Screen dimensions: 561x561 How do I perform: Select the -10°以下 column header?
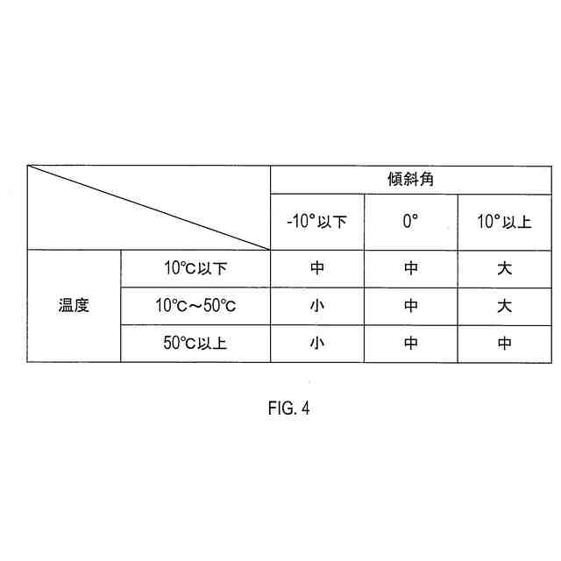click(x=317, y=222)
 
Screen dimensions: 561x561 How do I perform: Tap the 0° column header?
click(x=411, y=222)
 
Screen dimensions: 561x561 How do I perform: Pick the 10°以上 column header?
click(x=504, y=222)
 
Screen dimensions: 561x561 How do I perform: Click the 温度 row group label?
click(x=74, y=306)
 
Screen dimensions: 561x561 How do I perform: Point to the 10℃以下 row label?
click(x=195, y=268)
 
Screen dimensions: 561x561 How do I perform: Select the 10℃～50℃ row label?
click(x=195, y=306)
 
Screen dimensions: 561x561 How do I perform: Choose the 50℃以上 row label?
click(x=195, y=344)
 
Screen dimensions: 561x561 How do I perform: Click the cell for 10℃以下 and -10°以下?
click(x=317, y=268)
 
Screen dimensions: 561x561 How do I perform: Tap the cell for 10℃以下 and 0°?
click(x=411, y=268)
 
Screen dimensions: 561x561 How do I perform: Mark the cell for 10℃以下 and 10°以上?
click(x=504, y=268)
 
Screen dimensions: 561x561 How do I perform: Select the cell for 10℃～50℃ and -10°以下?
click(x=317, y=306)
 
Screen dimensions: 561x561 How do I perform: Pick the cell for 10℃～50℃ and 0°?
click(x=411, y=306)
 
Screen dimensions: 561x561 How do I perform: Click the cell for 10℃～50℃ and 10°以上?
click(x=504, y=306)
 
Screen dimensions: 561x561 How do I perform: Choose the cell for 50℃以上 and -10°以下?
click(x=317, y=344)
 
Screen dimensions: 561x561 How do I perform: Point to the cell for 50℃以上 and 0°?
click(x=411, y=344)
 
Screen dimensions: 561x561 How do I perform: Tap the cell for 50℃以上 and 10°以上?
click(x=504, y=344)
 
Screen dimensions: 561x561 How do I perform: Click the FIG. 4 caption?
click(x=288, y=409)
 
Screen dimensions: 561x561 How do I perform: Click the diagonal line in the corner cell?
click(x=148, y=207)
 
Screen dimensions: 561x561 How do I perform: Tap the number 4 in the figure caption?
click(x=305, y=409)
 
